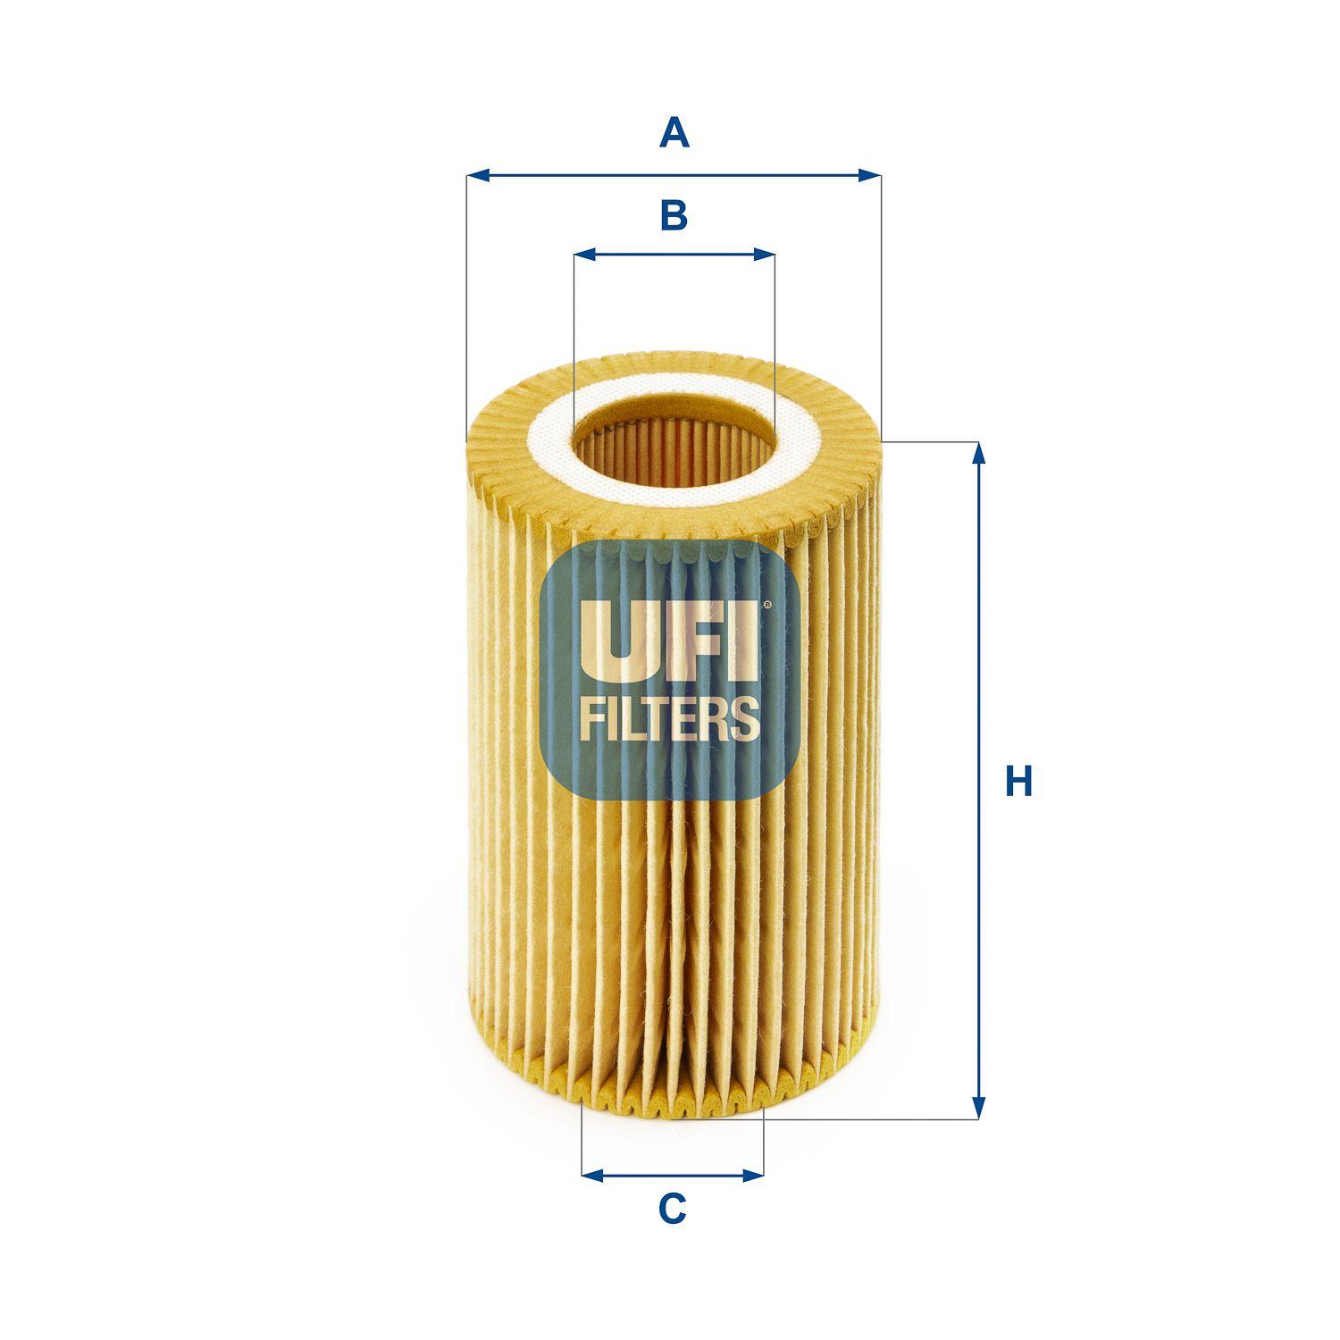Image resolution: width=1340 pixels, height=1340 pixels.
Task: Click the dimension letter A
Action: tap(674, 134)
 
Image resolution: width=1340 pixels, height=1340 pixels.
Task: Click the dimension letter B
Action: tap(674, 215)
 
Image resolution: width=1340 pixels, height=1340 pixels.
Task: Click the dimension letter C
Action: tap(672, 1210)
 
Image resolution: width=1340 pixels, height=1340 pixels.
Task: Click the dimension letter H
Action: tap(1018, 781)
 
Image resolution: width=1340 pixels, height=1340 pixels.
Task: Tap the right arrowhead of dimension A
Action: tap(869, 175)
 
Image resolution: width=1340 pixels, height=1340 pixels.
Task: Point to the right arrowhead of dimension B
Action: tap(764, 255)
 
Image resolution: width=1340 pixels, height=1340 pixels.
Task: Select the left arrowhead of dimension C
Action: tap(592, 1175)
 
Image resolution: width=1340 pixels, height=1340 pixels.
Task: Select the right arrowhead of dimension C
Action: tap(753, 1175)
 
